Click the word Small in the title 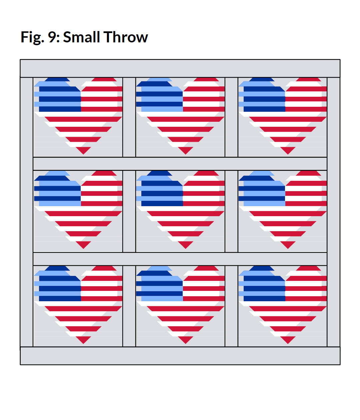(82, 37)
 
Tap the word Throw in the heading (126, 37)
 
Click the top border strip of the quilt (180, 68)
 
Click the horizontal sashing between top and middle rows (180, 163)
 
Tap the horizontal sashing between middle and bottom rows (180, 259)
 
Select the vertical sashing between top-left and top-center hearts (129, 117)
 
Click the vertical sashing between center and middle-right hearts (231, 211)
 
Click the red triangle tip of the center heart (185, 245)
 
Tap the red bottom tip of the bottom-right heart (288, 340)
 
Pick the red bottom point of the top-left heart (83, 150)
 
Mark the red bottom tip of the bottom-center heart (185, 340)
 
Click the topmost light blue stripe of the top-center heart (159, 79)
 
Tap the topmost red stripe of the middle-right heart (308, 173)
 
